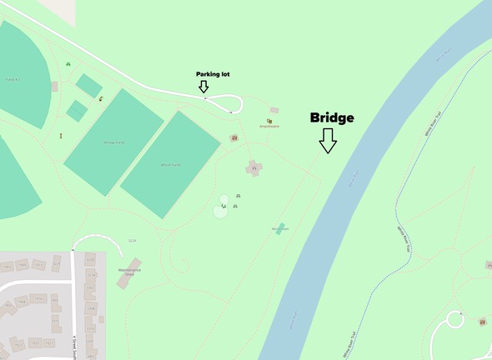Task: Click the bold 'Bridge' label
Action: [332, 117]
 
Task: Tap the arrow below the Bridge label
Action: [328, 140]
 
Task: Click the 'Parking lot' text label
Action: [213, 74]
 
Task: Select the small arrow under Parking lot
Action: [203, 87]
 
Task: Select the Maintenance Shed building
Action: [128, 273]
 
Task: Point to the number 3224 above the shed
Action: [132, 240]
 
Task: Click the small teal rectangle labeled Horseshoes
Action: [280, 227]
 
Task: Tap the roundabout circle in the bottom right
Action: [456, 319]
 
